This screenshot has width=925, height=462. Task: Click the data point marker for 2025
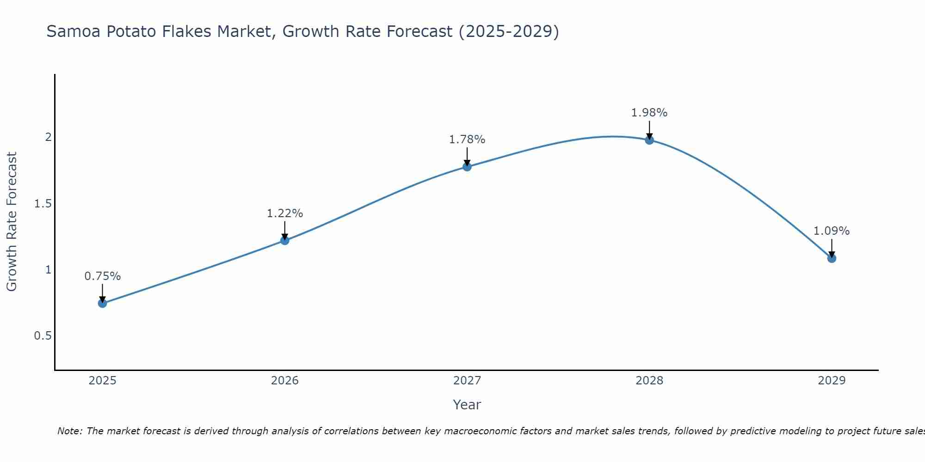click(103, 304)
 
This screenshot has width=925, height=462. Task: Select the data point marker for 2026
click(285, 241)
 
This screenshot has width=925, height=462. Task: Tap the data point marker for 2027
click(467, 167)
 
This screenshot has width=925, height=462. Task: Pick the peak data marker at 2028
click(649, 140)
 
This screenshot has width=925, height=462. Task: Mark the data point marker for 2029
click(832, 258)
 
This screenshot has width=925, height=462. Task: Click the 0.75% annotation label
click(103, 276)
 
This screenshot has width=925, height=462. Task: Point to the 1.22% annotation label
click(285, 213)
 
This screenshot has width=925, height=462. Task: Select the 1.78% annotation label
click(467, 140)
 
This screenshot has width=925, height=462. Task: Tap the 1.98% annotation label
click(649, 113)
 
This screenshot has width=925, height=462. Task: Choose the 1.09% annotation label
click(832, 231)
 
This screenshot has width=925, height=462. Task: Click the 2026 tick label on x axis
click(285, 381)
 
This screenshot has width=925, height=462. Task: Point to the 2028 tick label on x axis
click(649, 381)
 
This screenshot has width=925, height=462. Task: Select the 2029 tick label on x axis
click(832, 381)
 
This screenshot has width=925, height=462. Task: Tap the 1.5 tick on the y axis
click(43, 204)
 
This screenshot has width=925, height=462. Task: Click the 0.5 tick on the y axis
click(43, 336)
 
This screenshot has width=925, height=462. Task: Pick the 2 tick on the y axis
click(48, 137)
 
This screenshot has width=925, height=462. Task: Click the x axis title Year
click(467, 405)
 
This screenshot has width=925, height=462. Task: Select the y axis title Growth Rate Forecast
click(12, 222)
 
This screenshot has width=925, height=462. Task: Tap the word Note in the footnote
click(69, 431)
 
